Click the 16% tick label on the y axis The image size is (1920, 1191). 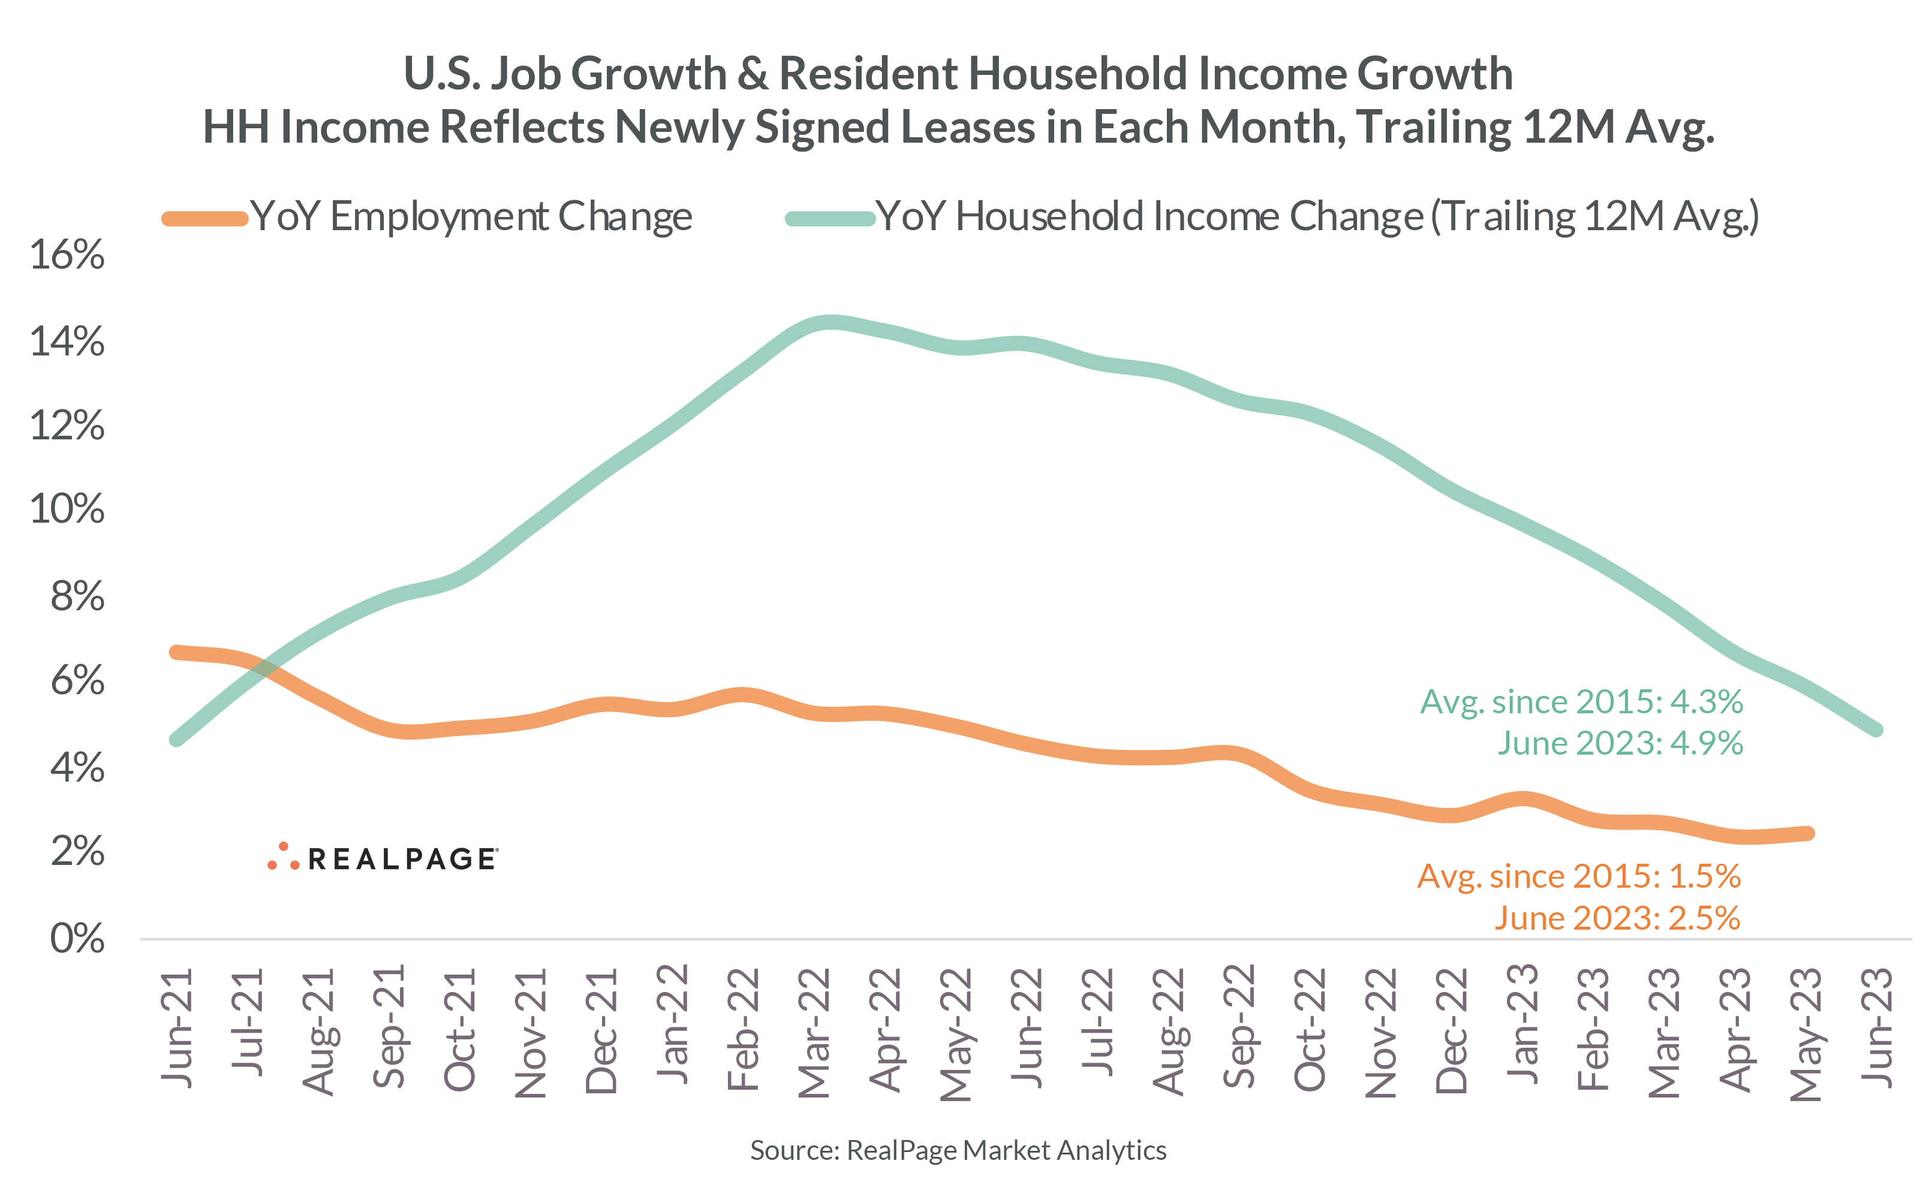67,255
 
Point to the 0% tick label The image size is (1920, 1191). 77,939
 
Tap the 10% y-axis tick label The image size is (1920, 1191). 67,509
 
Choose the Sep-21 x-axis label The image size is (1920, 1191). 389,1027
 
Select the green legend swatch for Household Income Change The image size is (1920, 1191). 830,218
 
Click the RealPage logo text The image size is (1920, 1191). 402,860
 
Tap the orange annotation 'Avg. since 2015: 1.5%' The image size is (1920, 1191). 1578,876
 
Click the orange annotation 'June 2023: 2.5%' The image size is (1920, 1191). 1617,918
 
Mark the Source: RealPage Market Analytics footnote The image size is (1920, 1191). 958,1151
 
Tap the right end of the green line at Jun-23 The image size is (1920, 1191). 1876,730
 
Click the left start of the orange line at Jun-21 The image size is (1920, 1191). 177,652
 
